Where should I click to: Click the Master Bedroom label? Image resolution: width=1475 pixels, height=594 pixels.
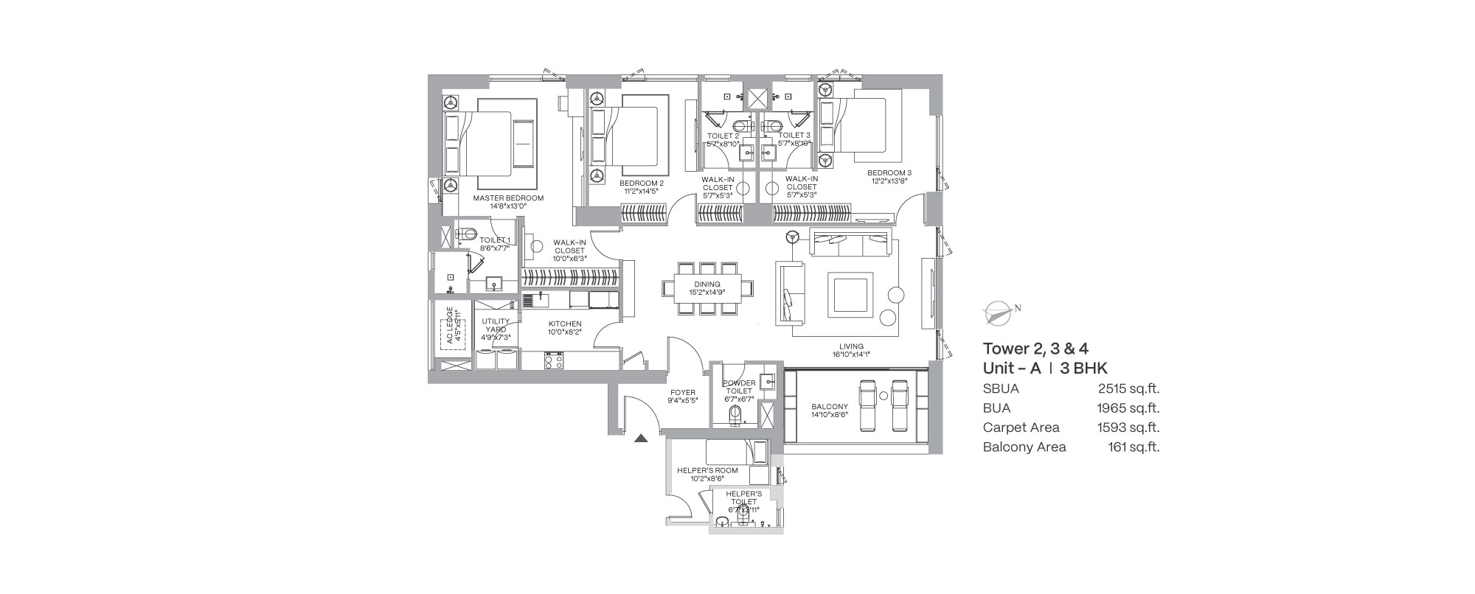pos(508,198)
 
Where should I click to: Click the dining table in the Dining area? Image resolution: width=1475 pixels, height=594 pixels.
pos(707,287)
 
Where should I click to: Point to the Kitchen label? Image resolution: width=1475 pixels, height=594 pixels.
pos(565,324)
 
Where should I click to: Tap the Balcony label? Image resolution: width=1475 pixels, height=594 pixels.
pos(830,407)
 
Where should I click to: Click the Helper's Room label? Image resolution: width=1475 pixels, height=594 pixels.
pos(707,470)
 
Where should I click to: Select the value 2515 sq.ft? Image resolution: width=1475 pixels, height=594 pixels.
pos(1128,389)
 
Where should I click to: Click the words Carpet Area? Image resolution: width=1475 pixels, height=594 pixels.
pos(1021,427)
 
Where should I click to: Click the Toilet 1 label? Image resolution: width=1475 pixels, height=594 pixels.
pos(494,240)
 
